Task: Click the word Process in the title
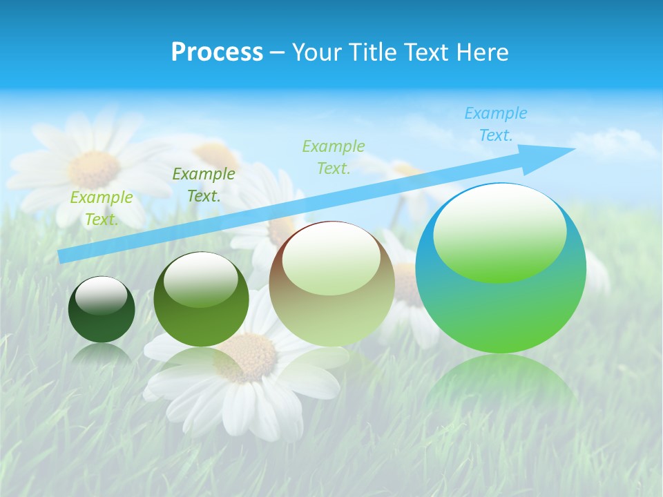coord(217,52)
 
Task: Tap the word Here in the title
coord(483,52)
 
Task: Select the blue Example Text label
coord(495,124)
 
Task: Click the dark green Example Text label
coord(203,185)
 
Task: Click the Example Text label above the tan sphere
coord(333,157)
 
